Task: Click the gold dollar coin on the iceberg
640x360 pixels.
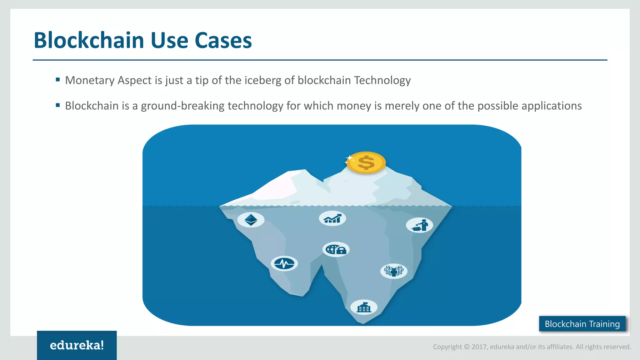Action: pyautogui.click(x=366, y=162)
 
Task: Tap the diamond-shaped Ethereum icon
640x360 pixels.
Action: pyautogui.click(x=251, y=219)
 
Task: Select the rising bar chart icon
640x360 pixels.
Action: pyautogui.click(x=332, y=218)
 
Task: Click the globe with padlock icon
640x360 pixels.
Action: pyautogui.click(x=336, y=249)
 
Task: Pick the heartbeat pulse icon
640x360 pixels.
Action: pyautogui.click(x=284, y=264)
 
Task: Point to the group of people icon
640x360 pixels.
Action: pyautogui.click(x=394, y=271)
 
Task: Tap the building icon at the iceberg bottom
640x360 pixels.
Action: pyautogui.click(x=364, y=307)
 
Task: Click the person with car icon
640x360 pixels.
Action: pyautogui.click(x=419, y=225)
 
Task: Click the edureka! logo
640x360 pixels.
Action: pyautogui.click(x=77, y=345)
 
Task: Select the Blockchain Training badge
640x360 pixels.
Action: pyautogui.click(x=582, y=324)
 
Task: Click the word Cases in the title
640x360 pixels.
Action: pyautogui.click(x=223, y=41)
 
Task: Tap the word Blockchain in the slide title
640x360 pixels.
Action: pyautogui.click(x=89, y=41)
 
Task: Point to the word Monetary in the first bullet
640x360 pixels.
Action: pyautogui.click(x=90, y=81)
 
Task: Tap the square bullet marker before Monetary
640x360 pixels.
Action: pyautogui.click(x=58, y=80)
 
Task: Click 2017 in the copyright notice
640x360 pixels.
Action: pyautogui.click(x=479, y=347)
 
